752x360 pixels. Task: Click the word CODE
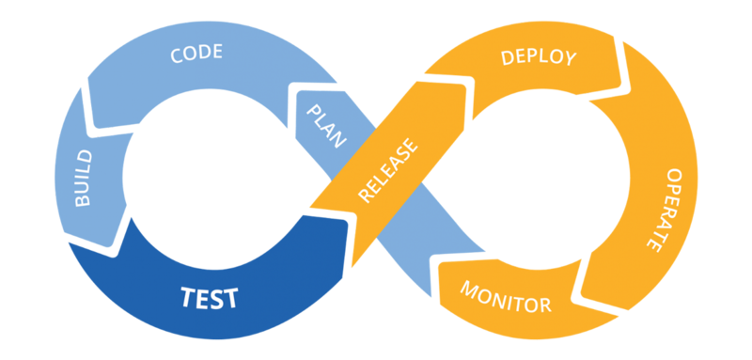pos(196,53)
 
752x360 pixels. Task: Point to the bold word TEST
pos(210,299)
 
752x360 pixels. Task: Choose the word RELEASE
pos(387,172)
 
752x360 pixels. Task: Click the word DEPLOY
pos(538,57)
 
